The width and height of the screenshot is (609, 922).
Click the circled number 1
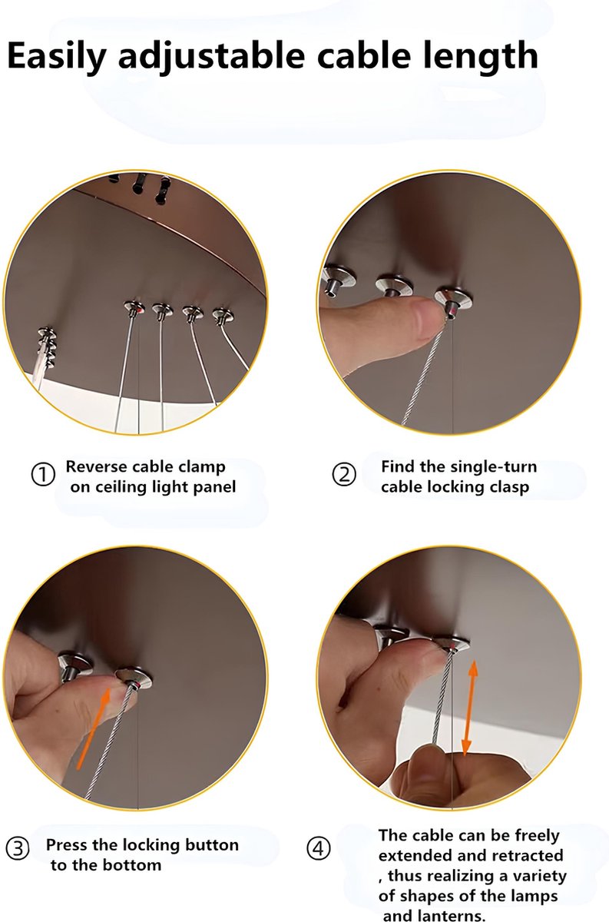(43, 475)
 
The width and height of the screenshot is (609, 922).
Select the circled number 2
(343, 475)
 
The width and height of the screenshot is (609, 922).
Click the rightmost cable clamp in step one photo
(223, 316)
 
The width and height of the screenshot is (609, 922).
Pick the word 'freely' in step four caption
(537, 836)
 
